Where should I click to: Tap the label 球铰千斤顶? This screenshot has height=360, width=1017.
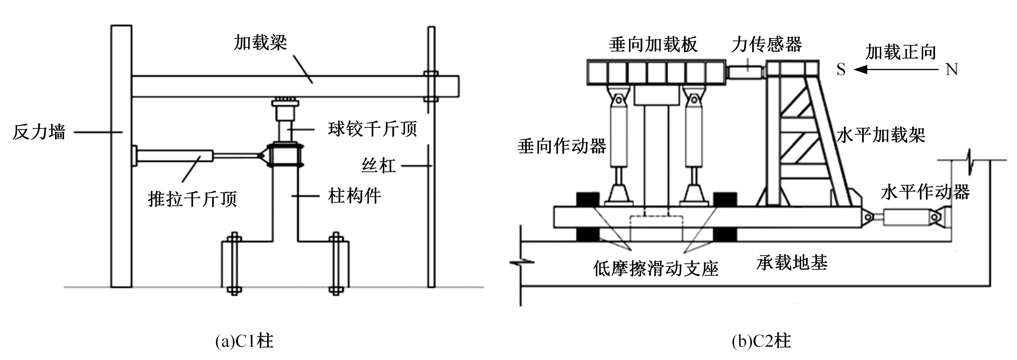(372, 129)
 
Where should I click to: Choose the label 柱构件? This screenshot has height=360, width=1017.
(354, 196)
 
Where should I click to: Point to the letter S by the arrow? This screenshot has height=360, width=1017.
(841, 70)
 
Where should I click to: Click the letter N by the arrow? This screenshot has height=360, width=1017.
(952, 70)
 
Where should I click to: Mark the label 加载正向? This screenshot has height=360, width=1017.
(901, 52)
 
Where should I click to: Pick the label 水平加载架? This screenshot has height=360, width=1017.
(881, 135)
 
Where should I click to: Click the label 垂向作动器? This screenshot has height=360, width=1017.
(562, 146)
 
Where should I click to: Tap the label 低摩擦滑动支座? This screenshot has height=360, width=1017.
(655, 269)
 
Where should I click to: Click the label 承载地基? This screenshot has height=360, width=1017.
(792, 262)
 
